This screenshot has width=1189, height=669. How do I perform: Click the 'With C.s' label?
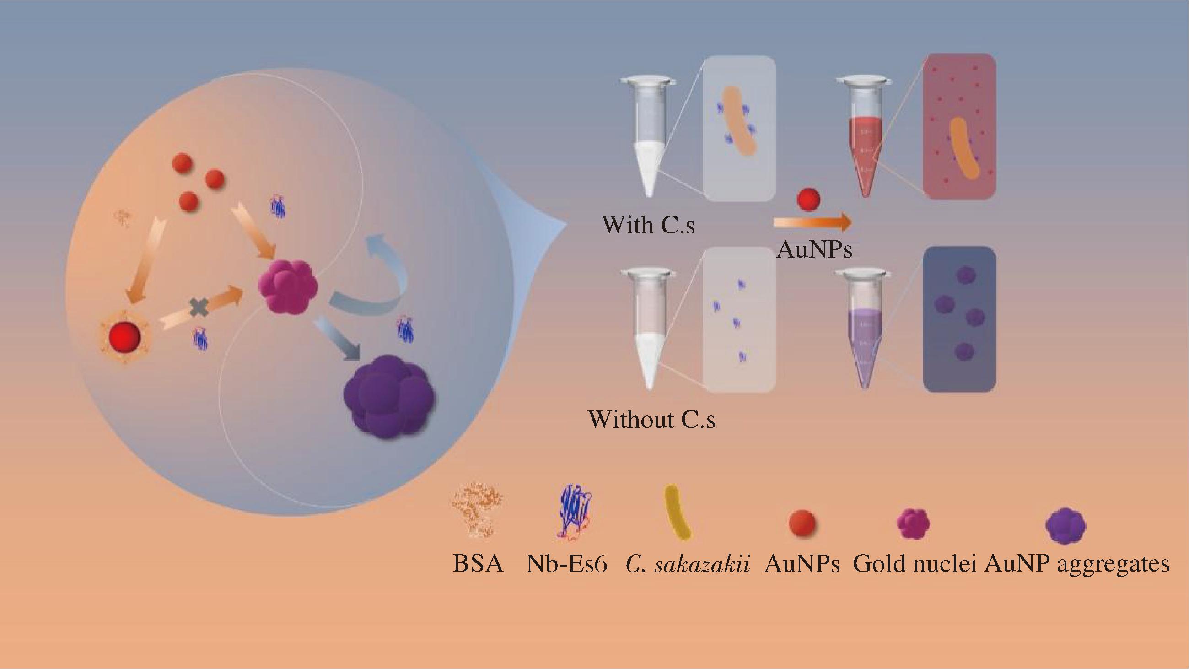648,225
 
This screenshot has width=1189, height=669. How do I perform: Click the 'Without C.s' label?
652,420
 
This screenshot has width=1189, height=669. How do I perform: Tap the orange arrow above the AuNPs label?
812,222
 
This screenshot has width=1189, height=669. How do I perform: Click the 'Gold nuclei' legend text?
915,564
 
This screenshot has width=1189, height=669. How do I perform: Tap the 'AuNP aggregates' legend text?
1077,564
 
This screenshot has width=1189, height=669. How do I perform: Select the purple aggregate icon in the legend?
1065,525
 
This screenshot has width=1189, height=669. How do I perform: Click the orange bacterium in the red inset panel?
964,149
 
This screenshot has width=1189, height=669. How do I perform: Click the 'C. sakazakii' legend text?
687,564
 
